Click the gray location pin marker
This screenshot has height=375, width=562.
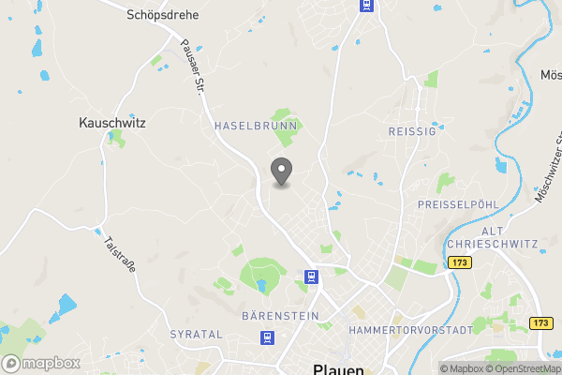point(281,172)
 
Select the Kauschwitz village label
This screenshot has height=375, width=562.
point(111,122)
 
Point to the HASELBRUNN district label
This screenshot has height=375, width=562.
point(256,125)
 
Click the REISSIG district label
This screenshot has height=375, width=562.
point(412,132)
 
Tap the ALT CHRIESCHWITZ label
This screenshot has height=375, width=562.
point(493,237)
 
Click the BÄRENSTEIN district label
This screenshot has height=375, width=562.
point(280,316)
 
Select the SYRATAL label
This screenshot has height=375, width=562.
point(197,334)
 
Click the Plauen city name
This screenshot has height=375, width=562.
point(337,369)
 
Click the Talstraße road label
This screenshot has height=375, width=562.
point(119,253)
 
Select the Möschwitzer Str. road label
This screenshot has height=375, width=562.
point(549,169)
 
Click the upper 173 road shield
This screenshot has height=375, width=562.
point(459,264)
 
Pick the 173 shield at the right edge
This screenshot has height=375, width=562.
point(540,322)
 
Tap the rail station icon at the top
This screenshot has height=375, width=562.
point(365,6)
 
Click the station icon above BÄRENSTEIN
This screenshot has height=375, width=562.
point(311,277)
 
